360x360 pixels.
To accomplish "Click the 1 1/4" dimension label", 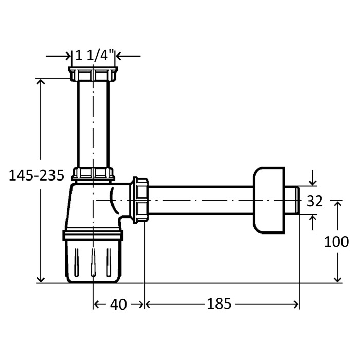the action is pyautogui.click(x=95, y=56).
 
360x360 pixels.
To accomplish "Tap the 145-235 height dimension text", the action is pyautogui.click(x=37, y=175).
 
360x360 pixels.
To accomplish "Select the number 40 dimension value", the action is pyautogui.click(x=118, y=304).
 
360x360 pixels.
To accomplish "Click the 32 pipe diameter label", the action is pyautogui.click(x=315, y=201).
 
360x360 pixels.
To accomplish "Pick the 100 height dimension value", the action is pyautogui.click(x=336, y=242).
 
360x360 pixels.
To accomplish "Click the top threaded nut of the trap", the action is pyautogui.click(x=93, y=74).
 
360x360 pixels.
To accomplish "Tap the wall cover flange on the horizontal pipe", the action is pyautogui.click(x=269, y=200).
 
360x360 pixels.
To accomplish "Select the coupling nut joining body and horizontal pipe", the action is pyautogui.click(x=139, y=200).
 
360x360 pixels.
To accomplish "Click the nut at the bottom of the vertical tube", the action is pyautogui.click(x=93, y=174).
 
